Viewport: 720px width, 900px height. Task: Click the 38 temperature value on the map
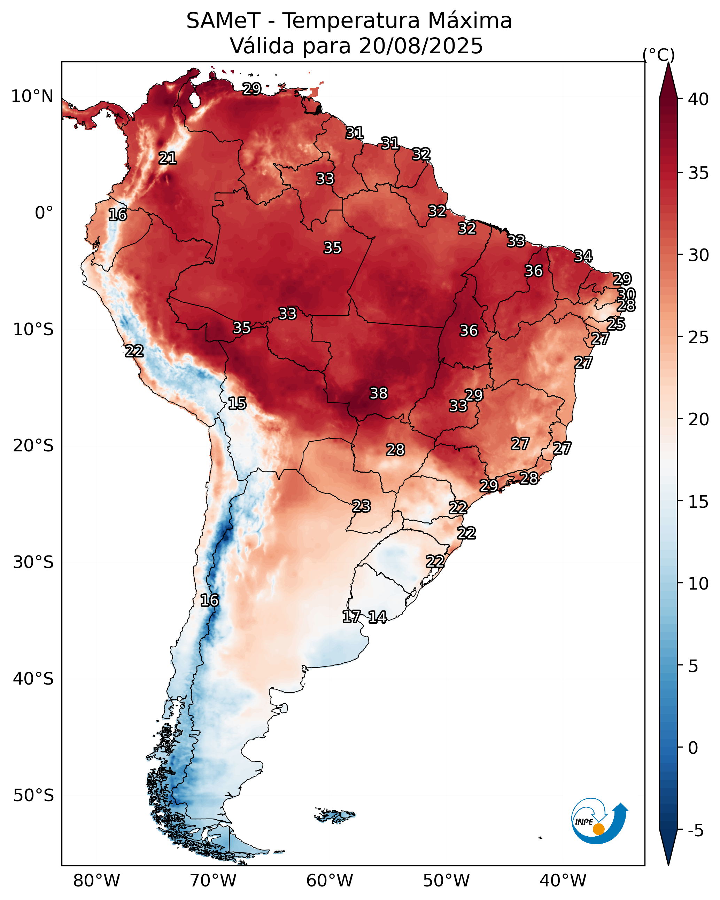click(x=379, y=393)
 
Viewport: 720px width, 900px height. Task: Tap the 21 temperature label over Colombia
click(x=168, y=158)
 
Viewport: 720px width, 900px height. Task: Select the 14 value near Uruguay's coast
click(x=377, y=617)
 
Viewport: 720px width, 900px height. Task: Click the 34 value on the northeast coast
click(x=583, y=256)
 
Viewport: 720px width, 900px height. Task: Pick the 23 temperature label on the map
click(x=361, y=506)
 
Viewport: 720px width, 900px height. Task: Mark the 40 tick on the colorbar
click(x=698, y=99)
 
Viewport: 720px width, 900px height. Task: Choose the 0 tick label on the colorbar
click(x=693, y=748)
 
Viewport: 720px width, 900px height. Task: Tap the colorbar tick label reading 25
click(x=698, y=337)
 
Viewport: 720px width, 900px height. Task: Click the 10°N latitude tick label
click(x=32, y=96)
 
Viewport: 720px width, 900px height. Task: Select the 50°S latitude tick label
click(x=33, y=795)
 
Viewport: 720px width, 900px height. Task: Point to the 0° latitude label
click(x=44, y=213)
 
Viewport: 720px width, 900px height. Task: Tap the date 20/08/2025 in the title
click(x=421, y=46)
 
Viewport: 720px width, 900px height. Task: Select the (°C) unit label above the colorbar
click(x=659, y=55)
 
